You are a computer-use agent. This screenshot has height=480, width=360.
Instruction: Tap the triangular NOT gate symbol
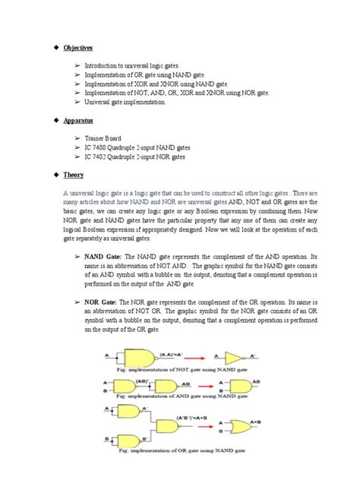pos(233,356)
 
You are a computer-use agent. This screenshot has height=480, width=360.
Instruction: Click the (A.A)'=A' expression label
pos(168,351)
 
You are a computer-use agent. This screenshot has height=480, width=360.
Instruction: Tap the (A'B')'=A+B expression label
pos(196,420)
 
